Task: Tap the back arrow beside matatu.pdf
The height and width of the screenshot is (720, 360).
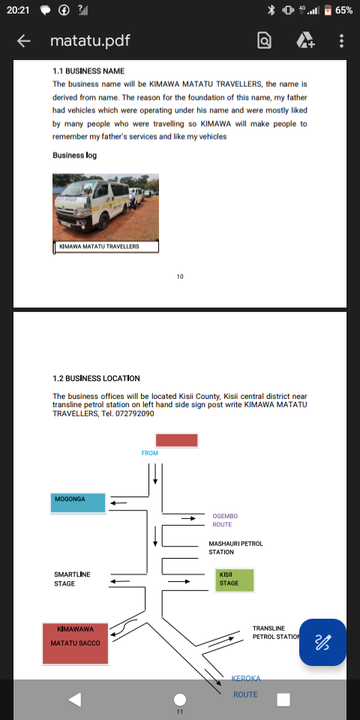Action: [x=24, y=41]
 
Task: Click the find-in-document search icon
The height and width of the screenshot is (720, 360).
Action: [x=264, y=41]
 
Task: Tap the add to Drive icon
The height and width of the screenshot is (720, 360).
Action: [x=305, y=40]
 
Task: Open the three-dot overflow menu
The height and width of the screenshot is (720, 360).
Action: [x=341, y=40]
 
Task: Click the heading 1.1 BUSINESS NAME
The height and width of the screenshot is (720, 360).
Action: [x=88, y=71]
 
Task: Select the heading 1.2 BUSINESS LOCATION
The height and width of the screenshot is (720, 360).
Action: [x=96, y=378]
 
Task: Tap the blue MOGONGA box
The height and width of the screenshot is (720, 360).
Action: [x=78, y=502]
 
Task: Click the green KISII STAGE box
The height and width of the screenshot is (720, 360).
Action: [x=234, y=580]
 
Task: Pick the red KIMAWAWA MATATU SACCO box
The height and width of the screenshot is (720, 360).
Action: [x=75, y=643]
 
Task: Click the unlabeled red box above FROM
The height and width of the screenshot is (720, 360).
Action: [x=177, y=440]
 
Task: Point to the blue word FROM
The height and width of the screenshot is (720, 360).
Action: [x=150, y=453]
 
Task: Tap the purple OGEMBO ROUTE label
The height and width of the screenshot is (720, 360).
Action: [x=225, y=520]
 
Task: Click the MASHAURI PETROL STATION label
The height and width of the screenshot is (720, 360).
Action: [x=236, y=547]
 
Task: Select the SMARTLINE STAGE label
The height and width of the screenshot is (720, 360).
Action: [x=72, y=579]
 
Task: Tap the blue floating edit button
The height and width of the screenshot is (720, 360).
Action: [x=322, y=642]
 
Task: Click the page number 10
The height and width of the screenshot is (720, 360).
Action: [x=180, y=277]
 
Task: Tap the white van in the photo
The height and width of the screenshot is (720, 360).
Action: [x=91, y=204]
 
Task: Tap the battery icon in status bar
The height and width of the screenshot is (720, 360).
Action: [x=328, y=10]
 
